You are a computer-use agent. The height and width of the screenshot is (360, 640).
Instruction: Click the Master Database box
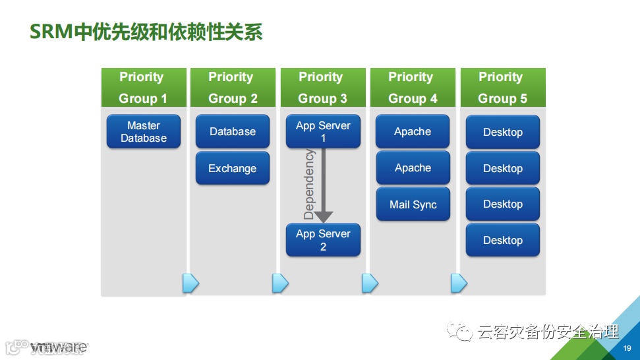(144, 132)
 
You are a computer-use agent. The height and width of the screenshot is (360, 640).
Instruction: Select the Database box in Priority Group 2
(233, 132)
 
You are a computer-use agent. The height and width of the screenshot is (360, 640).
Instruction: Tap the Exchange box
(233, 168)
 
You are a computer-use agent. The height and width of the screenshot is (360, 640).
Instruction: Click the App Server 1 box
(323, 132)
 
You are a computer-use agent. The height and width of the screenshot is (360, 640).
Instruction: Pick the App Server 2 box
(323, 240)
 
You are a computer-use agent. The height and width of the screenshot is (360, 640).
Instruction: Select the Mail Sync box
(413, 204)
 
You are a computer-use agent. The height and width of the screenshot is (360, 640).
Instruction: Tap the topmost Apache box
(413, 132)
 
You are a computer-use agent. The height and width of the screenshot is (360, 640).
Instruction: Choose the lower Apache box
(413, 168)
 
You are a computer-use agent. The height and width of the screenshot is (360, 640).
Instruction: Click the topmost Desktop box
(503, 132)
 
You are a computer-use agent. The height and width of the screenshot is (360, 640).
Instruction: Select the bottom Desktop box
(503, 240)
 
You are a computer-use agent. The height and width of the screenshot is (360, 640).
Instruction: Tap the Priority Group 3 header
(322, 88)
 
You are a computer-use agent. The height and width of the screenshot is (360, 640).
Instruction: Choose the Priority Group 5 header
(502, 88)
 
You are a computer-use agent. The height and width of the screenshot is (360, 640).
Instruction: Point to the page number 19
(627, 347)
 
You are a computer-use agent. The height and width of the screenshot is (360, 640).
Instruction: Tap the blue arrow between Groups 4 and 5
(459, 284)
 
